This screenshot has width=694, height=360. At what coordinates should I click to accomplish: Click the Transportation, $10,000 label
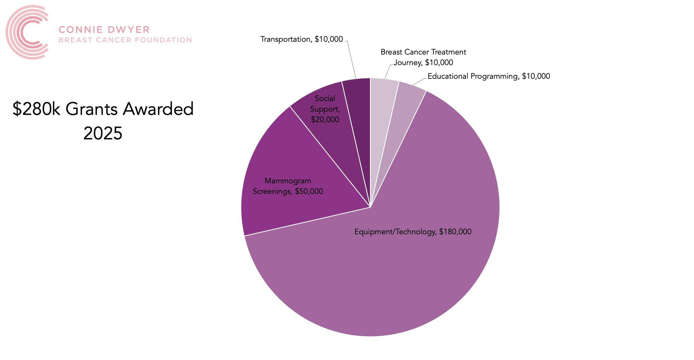click(x=301, y=39)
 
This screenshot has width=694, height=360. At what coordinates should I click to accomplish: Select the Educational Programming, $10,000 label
click(x=489, y=76)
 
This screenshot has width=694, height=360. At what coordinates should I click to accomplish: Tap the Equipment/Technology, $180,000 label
click(x=413, y=232)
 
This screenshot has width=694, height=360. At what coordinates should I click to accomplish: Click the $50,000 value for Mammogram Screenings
click(x=309, y=191)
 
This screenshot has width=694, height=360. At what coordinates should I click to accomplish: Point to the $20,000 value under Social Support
click(x=325, y=120)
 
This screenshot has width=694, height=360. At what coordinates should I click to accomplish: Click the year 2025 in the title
click(x=103, y=133)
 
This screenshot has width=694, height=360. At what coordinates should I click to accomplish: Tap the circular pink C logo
click(x=27, y=32)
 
